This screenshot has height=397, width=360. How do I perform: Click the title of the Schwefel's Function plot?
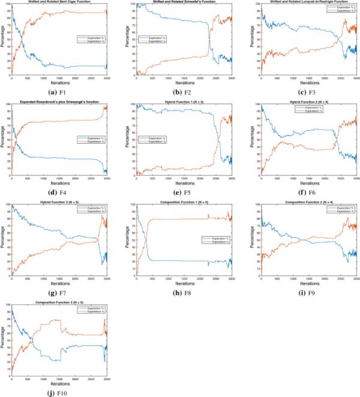click(183, 2)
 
